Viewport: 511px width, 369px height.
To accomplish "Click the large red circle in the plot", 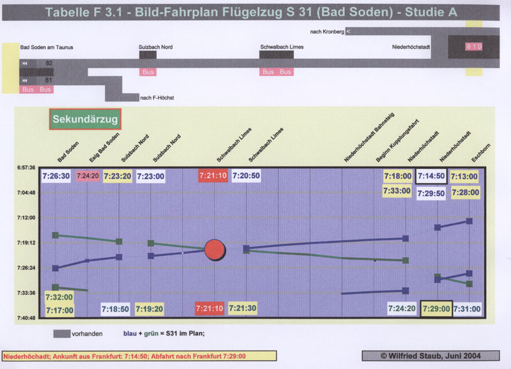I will click(215, 250).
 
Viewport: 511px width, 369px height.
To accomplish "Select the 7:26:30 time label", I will click(56, 175).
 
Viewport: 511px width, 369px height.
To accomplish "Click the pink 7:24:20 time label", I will click(88, 176).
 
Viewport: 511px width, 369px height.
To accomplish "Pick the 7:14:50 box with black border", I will click(431, 176).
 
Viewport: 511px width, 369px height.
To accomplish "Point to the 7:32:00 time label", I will click(59, 297).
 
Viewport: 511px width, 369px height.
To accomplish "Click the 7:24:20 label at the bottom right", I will click(402, 308).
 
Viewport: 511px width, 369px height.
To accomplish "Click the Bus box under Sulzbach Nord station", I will click(148, 72).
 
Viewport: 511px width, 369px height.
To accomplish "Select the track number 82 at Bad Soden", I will click(49, 63).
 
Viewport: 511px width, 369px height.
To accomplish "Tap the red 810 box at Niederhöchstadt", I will click(474, 47).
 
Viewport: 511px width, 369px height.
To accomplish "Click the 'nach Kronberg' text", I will click(326, 31).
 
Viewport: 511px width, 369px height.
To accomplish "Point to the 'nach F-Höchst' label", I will click(156, 98).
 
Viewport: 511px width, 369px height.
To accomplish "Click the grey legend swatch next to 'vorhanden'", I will click(61, 333).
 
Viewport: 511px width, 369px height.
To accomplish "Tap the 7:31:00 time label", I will click(467, 308).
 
